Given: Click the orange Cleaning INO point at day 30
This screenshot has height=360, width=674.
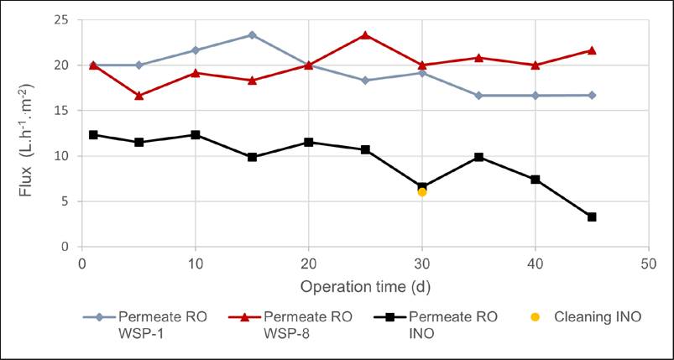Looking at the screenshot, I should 422,192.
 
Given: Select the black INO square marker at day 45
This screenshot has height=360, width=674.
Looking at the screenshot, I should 592,217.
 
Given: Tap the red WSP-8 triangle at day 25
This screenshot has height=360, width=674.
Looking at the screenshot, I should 365,35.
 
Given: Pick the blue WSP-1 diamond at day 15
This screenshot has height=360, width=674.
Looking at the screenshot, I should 252,35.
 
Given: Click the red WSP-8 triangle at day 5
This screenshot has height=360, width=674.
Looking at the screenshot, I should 139,96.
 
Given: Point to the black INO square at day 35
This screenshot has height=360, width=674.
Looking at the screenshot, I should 478,157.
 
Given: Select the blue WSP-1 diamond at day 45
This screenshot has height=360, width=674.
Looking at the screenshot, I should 592,95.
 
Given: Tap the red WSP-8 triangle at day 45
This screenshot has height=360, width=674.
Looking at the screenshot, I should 592,50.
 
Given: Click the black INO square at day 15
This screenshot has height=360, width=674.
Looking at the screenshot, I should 252,157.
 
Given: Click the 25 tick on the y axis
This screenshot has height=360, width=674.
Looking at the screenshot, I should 61,19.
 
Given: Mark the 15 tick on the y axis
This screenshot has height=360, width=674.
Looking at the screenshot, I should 61,110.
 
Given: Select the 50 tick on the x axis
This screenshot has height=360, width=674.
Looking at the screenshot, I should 648,263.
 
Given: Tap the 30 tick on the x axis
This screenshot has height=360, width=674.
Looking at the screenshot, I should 421,263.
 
